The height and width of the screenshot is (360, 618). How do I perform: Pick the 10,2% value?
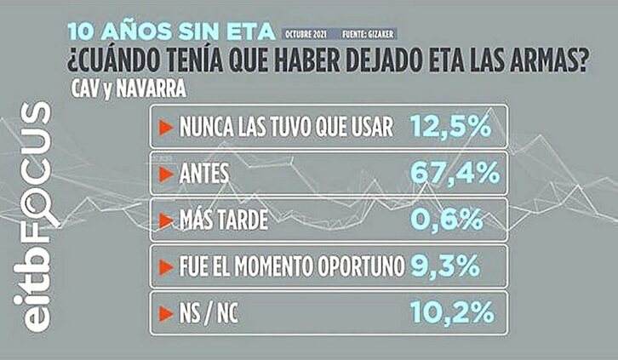[x=451, y=313]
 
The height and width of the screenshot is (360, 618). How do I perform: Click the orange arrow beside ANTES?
[x=165, y=174]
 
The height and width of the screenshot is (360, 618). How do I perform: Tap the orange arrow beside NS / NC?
[x=165, y=313]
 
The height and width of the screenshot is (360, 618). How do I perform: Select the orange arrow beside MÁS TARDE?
[x=165, y=221]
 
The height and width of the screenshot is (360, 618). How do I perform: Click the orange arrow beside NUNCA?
[x=165, y=128]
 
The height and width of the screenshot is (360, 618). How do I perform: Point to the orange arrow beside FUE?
[x=165, y=267]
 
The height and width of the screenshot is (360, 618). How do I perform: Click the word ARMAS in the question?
[x=547, y=62]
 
